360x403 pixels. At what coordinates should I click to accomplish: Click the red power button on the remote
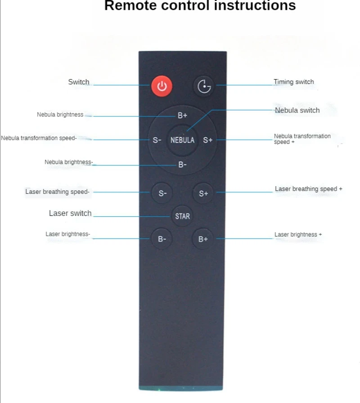pyautogui.click(x=162, y=86)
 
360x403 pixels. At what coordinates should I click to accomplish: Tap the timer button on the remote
pyautogui.click(x=204, y=86)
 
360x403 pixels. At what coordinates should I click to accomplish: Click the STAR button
pyautogui.click(x=182, y=216)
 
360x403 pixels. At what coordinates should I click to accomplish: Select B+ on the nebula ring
pyautogui.click(x=182, y=116)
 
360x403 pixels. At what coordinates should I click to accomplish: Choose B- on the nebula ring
pyautogui.click(x=182, y=165)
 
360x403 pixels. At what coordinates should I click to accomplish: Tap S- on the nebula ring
pyautogui.click(x=157, y=140)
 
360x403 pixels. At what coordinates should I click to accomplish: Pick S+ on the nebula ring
pyautogui.click(x=207, y=140)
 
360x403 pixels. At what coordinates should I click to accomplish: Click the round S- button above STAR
pyautogui.click(x=162, y=193)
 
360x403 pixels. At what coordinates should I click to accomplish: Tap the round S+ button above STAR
pyautogui.click(x=203, y=193)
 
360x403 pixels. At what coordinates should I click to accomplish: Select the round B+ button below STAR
pyautogui.click(x=203, y=239)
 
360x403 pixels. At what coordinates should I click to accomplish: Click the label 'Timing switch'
pyautogui.click(x=293, y=82)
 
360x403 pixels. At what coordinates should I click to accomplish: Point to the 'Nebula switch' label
pyautogui.click(x=297, y=110)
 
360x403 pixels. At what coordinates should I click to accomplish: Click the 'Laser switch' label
pyautogui.click(x=70, y=213)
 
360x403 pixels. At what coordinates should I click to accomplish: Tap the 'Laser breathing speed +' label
pyautogui.click(x=308, y=189)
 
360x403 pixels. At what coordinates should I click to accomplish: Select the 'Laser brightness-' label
pyautogui.click(x=67, y=234)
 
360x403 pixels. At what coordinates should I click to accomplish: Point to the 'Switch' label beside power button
pyautogui.click(x=79, y=82)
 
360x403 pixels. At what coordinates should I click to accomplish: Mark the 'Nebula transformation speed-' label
pyautogui.click(x=39, y=138)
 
